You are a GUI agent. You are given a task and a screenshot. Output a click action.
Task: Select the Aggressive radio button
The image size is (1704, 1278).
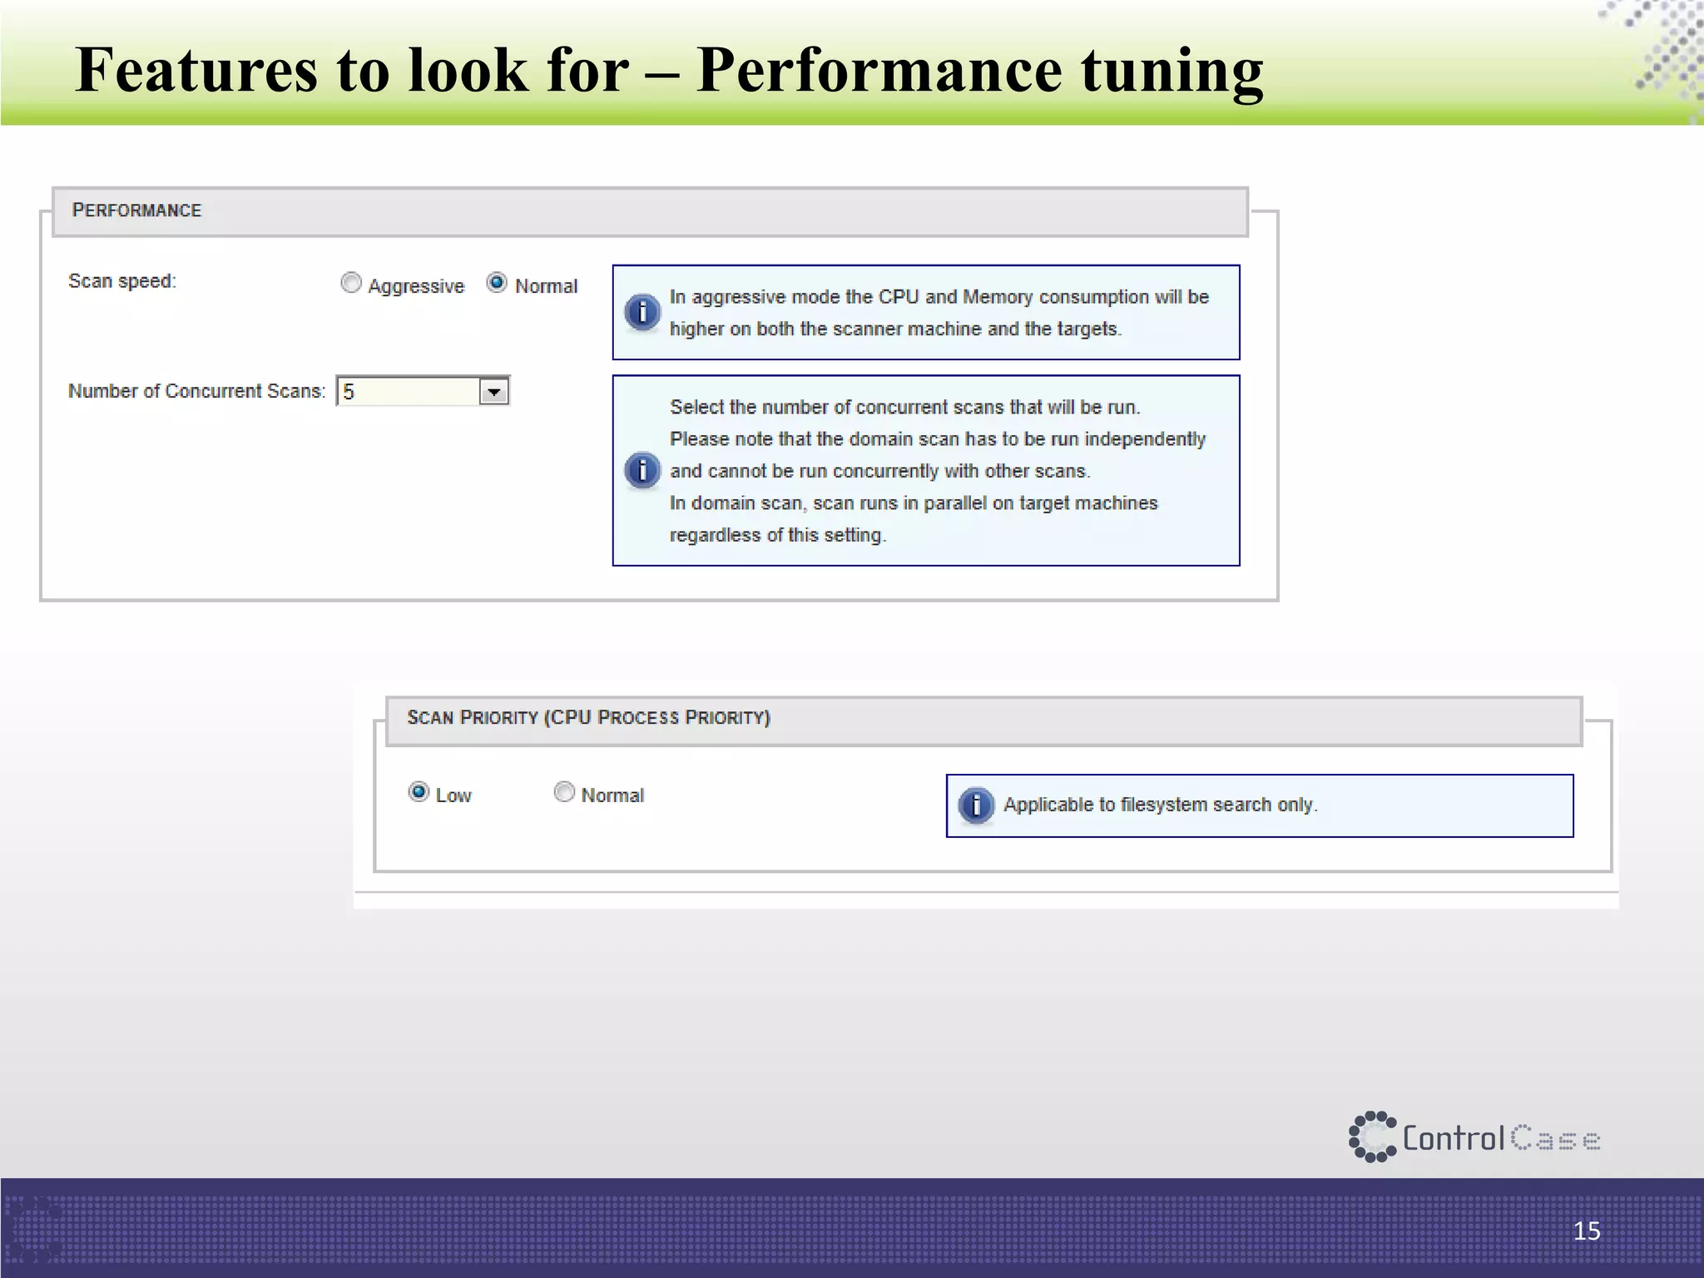point(351,284)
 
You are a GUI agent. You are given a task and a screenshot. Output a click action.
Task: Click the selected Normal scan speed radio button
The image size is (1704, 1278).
point(497,283)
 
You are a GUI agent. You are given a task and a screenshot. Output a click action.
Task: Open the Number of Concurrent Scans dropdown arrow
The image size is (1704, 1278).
point(493,391)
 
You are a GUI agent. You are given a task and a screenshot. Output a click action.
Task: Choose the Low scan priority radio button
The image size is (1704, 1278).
point(419,792)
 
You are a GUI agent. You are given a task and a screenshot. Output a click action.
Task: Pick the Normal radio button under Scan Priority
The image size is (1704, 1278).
point(564,792)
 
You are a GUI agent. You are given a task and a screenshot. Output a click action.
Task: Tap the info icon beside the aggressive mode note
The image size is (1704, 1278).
point(641,313)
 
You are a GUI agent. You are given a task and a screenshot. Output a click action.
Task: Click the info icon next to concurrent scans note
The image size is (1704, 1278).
point(641,470)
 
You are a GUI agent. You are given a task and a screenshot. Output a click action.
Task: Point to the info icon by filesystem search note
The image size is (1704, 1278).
point(976,805)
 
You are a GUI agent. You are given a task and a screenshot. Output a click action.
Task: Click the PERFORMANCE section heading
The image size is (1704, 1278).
point(136,211)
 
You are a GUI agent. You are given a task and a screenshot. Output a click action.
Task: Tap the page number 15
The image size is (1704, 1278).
point(1586,1231)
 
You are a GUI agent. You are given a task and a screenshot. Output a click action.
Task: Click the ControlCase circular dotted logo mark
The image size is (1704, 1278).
point(1372,1137)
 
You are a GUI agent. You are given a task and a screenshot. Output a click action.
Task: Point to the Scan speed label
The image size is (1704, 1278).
point(122,281)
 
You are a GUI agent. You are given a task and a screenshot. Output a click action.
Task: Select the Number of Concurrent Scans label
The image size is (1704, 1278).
point(196,391)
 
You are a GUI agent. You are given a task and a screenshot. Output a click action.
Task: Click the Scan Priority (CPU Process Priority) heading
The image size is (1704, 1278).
point(588,717)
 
